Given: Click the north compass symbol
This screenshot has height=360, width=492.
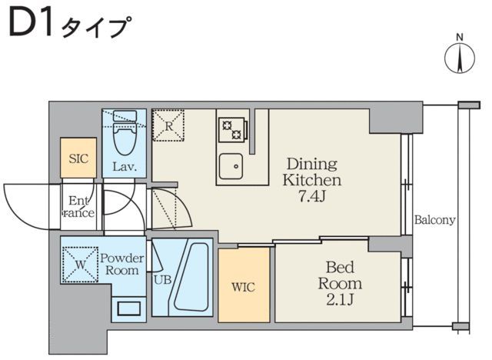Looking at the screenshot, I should click(459, 56).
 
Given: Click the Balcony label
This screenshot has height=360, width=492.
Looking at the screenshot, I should click(435, 220).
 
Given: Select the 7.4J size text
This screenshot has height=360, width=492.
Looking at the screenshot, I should click(312, 196).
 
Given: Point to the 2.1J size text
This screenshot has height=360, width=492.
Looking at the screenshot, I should click(339, 298).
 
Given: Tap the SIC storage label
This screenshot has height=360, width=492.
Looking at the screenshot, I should click(78, 159).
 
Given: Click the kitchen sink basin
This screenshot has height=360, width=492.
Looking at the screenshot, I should click(231, 166).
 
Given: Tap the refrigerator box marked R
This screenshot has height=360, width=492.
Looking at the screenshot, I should click(168, 125).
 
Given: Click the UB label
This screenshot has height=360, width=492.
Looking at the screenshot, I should click(162, 280).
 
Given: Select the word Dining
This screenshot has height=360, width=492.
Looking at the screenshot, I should click(312, 164).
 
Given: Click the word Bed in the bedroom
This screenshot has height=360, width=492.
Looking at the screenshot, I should click(339, 268).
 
